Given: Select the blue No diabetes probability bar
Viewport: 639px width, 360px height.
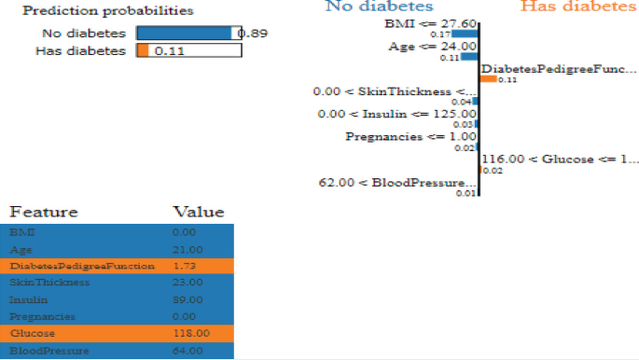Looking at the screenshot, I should click(185, 33).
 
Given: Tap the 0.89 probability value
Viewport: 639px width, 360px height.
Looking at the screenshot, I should click(254, 34).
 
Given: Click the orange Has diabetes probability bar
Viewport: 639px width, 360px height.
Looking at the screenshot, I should click(142, 50).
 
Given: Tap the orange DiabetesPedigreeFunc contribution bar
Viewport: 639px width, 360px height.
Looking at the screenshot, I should click(488, 78).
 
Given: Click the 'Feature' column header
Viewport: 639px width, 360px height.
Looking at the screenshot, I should click(44, 212).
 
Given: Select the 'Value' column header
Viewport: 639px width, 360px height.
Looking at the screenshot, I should click(198, 212).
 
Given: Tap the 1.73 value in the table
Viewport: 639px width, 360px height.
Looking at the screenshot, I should click(188, 266).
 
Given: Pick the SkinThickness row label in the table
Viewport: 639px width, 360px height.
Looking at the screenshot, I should click(49, 282).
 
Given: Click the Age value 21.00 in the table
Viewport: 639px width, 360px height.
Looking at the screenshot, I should click(188, 250).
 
